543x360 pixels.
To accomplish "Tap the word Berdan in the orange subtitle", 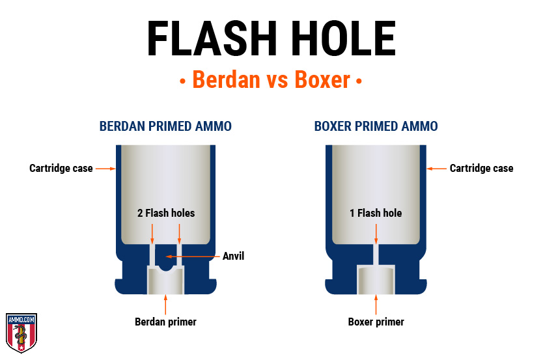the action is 226,79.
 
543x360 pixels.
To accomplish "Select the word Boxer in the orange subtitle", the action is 322,79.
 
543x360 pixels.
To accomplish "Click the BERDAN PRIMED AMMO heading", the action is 165,126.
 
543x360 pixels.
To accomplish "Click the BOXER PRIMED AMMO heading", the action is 376,126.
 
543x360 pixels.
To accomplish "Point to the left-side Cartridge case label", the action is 61,168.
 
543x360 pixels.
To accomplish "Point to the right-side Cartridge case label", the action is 481,168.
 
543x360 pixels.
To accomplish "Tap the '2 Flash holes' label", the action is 166,213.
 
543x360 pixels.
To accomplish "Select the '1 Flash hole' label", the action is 376,213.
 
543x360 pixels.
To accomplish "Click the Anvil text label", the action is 233,256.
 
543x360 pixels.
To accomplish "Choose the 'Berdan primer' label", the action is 165,322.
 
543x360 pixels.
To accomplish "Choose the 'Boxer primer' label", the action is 376,322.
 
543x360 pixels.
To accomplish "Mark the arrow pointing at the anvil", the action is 193,256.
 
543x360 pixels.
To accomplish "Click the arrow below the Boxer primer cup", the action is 376,305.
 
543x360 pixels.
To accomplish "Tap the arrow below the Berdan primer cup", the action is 165,305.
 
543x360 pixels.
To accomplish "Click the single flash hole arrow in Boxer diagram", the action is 376,234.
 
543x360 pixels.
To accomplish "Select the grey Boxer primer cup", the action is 376,280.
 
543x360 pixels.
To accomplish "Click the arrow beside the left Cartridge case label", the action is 105,169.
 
